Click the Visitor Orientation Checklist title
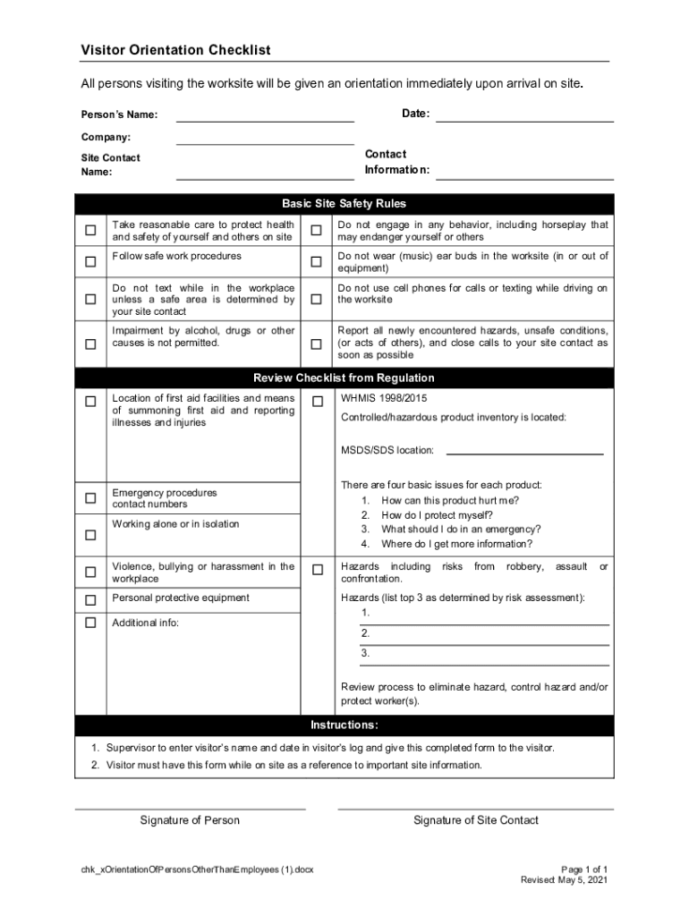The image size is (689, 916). [175, 50]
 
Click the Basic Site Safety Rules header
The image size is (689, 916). [344, 204]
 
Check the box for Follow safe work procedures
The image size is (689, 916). [90, 262]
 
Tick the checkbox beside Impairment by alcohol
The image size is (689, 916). [90, 344]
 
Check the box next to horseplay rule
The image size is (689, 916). [316, 231]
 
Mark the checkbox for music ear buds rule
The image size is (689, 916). [316, 262]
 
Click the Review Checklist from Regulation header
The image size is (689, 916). [344, 377]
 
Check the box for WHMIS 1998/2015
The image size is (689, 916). [317, 403]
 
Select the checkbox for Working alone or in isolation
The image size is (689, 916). [90, 535]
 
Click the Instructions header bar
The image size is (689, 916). [344, 725]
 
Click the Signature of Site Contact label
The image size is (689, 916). [475, 820]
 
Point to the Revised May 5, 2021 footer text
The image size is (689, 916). [564, 880]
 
